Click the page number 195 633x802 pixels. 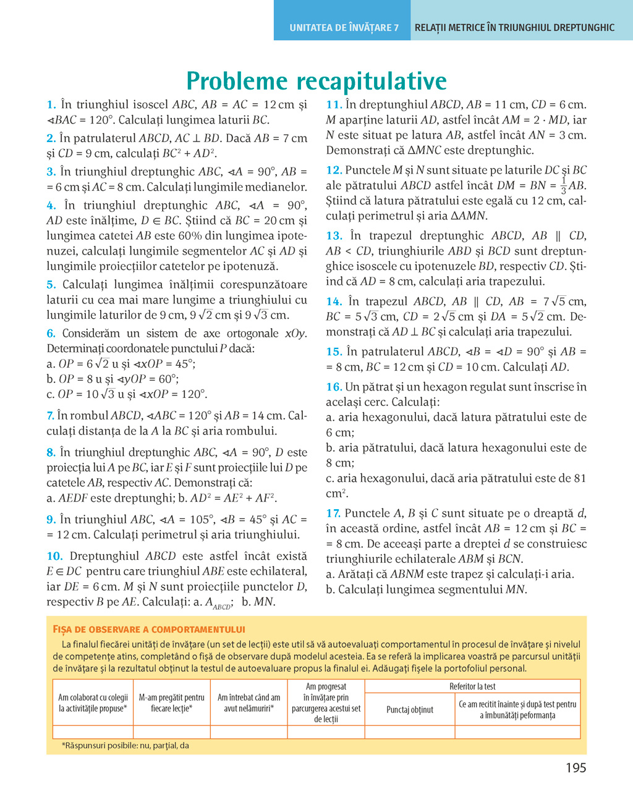[x=576, y=768]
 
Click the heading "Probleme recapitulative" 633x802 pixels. [x=316, y=81]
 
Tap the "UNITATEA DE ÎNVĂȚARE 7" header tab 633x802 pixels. [x=344, y=28]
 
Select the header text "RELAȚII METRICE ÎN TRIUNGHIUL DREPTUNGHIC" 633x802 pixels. [x=514, y=28]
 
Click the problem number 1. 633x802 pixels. [x=51, y=105]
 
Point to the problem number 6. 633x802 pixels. [x=51, y=334]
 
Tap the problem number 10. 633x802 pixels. [x=54, y=556]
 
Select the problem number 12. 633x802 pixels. [x=334, y=171]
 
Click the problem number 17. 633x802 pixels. [x=333, y=513]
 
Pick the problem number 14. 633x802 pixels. [x=334, y=302]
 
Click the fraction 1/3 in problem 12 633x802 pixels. [x=563, y=185]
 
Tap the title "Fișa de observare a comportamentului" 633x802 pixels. [x=149, y=630]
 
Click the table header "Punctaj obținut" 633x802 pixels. [x=410, y=710]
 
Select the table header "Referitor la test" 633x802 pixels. [x=472, y=686]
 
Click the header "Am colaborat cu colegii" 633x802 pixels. [x=93, y=698]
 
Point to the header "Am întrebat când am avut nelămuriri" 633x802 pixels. [x=249, y=703]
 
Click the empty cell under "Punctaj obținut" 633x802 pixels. [x=410, y=732]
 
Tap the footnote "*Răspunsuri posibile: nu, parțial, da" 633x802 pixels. [x=125, y=746]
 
